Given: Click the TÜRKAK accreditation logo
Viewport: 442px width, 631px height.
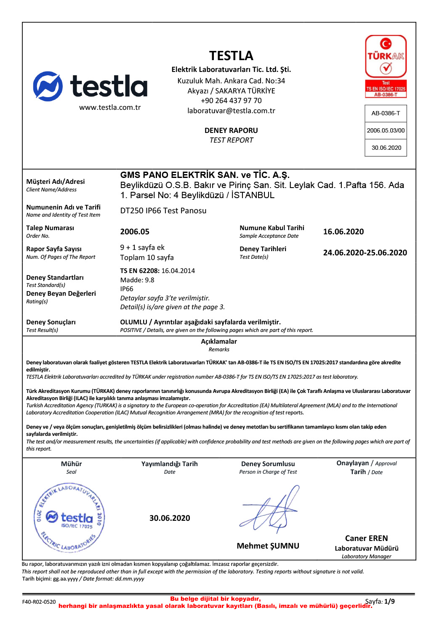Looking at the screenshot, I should tap(386, 66).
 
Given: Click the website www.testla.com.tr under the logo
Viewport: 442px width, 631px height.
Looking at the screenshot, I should tap(110, 108).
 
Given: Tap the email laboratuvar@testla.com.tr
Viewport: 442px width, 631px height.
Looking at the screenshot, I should tap(231, 111).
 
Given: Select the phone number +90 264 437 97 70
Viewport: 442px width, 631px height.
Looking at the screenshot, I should tap(231, 101).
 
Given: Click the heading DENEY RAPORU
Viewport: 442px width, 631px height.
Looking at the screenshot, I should tap(231, 131).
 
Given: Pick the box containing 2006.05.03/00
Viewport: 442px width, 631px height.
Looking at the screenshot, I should tap(386, 130).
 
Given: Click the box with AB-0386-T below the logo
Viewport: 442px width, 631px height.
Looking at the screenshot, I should tap(386, 113).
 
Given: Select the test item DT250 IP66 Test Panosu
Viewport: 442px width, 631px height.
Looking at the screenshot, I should tap(163, 211).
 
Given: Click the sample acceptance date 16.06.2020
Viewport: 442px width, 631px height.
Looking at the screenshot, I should tap(343, 232).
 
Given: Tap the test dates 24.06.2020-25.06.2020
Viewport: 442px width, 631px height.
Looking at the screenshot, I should tap(365, 253).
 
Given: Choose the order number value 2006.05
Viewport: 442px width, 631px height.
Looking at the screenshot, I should tap(135, 232).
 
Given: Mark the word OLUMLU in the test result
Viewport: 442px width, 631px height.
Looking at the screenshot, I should tap(133, 322).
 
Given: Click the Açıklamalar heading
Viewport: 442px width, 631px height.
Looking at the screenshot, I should tap(219, 342).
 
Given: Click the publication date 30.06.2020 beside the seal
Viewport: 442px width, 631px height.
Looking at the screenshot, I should tap(170, 518).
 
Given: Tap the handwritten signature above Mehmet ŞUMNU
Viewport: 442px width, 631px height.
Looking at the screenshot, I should tap(270, 509).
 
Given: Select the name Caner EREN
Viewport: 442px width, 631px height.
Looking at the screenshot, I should tap(366, 538).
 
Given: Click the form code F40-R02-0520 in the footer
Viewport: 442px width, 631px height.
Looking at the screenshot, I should tap(39, 602).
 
